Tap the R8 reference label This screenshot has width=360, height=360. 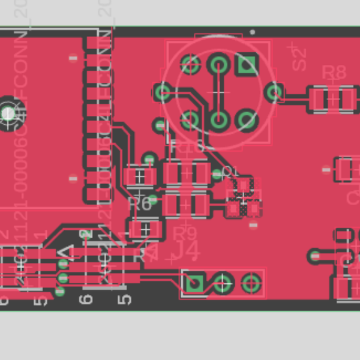tap(334, 73)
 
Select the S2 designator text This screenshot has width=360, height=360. tap(298, 57)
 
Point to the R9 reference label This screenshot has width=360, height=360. tap(185, 232)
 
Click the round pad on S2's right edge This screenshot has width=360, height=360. tap(275, 92)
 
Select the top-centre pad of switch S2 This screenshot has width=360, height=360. tap(218, 64)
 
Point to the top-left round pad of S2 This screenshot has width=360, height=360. tap(190, 64)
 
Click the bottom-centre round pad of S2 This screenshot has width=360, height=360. tap(218, 120)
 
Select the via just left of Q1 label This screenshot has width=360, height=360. tap(217, 175)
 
